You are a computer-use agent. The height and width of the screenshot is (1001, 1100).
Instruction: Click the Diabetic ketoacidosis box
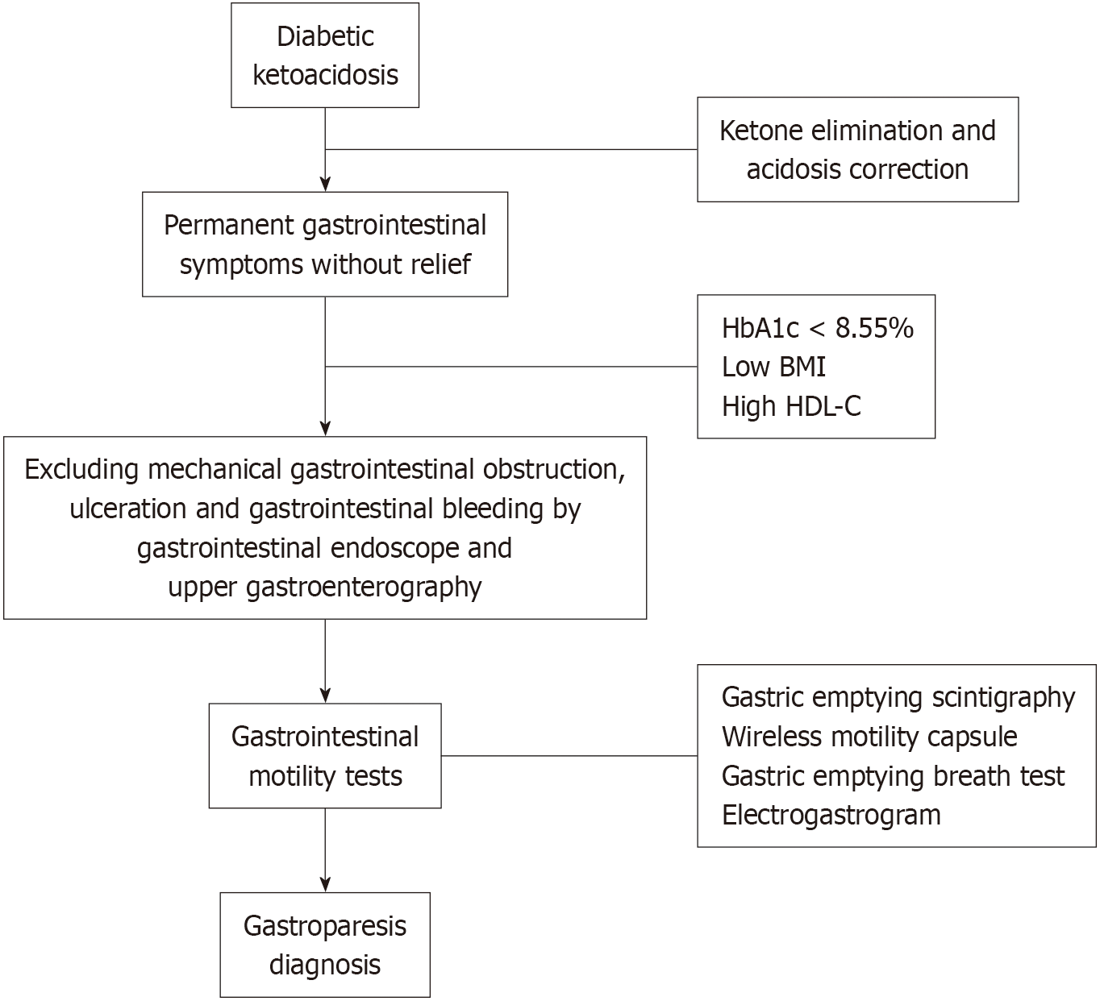click(x=325, y=55)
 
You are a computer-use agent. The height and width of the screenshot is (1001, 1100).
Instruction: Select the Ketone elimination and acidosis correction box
click(x=857, y=150)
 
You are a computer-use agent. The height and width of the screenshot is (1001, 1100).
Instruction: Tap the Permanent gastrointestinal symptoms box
click(x=325, y=244)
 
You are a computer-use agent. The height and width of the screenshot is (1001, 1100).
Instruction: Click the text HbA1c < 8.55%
click(x=818, y=328)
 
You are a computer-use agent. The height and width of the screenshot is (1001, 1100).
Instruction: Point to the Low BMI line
click(x=773, y=367)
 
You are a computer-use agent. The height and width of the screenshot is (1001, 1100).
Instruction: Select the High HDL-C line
click(x=791, y=406)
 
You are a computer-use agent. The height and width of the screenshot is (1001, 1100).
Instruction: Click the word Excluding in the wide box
click(x=81, y=470)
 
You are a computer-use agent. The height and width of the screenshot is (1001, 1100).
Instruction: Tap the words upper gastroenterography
click(x=325, y=587)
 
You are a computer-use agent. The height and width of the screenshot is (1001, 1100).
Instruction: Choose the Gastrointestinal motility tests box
click(x=325, y=756)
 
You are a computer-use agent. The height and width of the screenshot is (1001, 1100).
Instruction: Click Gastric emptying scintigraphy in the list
click(x=898, y=698)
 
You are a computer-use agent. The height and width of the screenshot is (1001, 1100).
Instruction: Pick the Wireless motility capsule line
click(x=869, y=737)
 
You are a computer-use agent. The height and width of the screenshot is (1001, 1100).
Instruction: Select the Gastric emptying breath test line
click(x=894, y=776)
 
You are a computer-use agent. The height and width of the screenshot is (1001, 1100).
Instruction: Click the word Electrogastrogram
click(x=831, y=815)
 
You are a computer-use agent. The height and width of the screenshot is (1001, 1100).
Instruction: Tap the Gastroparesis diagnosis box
click(x=325, y=945)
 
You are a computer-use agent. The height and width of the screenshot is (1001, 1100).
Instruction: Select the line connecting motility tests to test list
click(x=569, y=756)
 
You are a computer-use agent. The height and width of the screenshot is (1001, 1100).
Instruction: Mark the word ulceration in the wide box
click(x=127, y=509)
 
